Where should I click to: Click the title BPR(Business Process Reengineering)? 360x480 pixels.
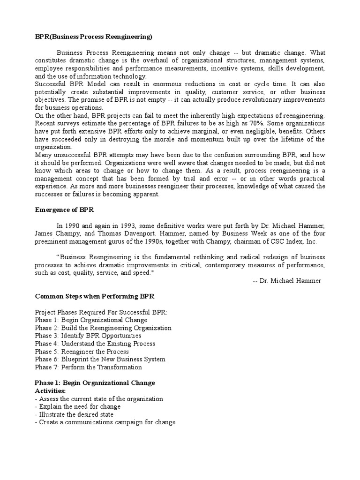[x=94, y=37]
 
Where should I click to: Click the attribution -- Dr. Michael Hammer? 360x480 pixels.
[x=286, y=280]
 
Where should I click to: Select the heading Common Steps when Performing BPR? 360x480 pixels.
[x=95, y=297]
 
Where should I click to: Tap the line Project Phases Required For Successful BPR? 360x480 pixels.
[x=101, y=313]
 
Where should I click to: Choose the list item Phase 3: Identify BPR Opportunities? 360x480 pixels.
[x=88, y=336]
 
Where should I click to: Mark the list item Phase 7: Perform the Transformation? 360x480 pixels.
[x=88, y=367]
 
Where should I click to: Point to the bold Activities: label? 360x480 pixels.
[x=50, y=391]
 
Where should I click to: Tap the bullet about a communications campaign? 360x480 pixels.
[x=105, y=422]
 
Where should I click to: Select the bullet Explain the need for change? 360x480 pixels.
[x=78, y=406]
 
